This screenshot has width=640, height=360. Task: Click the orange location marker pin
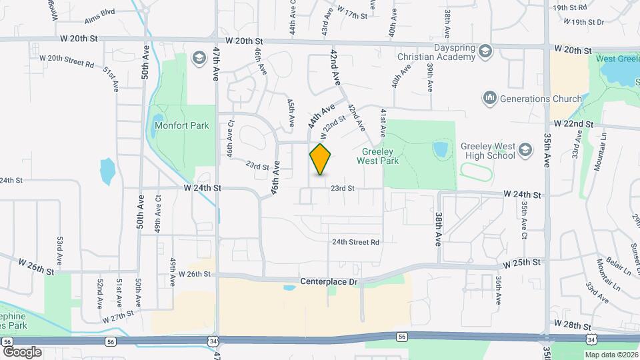coord(321,159)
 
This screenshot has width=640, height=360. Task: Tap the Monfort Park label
coord(181,125)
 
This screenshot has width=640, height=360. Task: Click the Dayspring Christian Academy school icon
coord(487,51)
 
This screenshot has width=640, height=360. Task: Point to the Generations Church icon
coord(491,99)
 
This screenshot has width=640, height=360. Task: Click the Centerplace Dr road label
coord(329,282)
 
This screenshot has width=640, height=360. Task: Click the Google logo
coord(22,351)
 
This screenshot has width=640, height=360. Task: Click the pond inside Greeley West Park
coord(440,148)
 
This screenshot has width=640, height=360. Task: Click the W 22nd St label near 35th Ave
coord(573,124)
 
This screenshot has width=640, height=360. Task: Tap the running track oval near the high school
coord(476,174)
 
